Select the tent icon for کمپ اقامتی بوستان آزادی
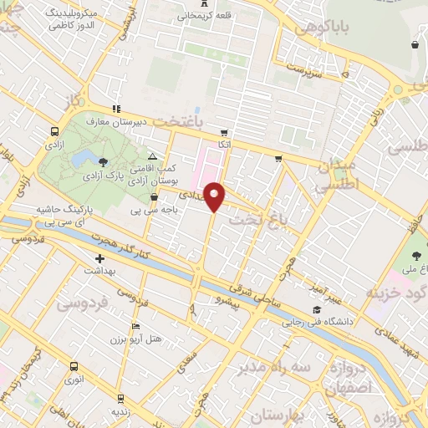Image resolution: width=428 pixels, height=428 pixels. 151,156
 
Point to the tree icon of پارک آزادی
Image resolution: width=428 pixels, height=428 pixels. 103,161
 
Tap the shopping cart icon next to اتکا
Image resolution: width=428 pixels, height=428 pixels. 223,132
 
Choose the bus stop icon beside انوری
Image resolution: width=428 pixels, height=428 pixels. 74,366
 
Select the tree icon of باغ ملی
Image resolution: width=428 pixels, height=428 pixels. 416,256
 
